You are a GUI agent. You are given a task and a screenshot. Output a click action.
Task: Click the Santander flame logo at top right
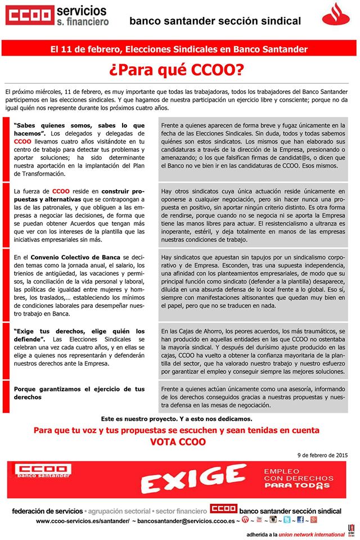point(336,15)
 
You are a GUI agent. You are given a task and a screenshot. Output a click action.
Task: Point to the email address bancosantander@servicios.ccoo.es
point(185,521)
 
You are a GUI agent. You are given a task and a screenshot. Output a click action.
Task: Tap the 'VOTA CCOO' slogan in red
point(178,442)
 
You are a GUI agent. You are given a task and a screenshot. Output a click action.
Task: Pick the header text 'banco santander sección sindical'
point(215,21)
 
